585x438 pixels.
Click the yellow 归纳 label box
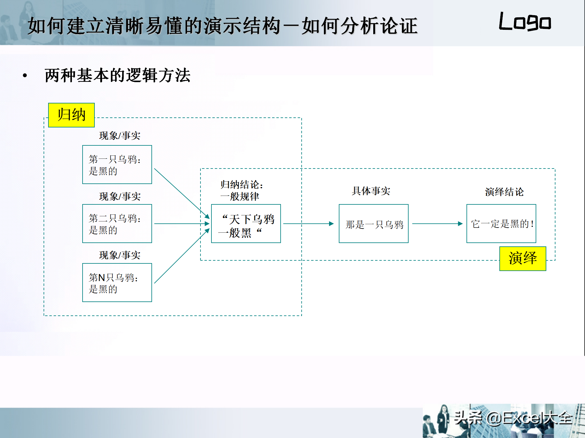tap(71, 115)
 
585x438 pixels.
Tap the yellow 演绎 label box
tap(523, 259)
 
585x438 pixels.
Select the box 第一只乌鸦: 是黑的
tap(117, 165)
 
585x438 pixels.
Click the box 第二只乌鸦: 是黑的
tap(117, 224)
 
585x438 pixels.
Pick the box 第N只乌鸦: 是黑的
tap(117, 283)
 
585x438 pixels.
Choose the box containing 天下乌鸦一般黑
tap(246, 224)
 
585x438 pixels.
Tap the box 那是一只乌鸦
tap(374, 224)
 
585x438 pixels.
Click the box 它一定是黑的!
tap(501, 224)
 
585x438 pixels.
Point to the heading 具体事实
tap(371, 191)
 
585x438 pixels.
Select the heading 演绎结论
tap(504, 192)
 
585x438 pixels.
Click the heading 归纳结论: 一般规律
tap(242, 190)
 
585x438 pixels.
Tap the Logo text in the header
tap(525, 22)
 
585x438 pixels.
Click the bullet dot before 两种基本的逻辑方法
tap(25, 75)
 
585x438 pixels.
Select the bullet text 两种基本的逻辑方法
tap(118, 75)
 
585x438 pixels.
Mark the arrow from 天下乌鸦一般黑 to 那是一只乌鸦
tap(309, 224)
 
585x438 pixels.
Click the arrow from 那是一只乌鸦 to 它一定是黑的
tap(438, 224)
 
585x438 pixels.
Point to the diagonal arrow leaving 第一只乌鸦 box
tap(182, 193)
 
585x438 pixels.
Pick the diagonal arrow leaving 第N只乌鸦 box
tap(182, 256)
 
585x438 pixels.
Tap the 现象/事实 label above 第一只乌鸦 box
tap(120, 136)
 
